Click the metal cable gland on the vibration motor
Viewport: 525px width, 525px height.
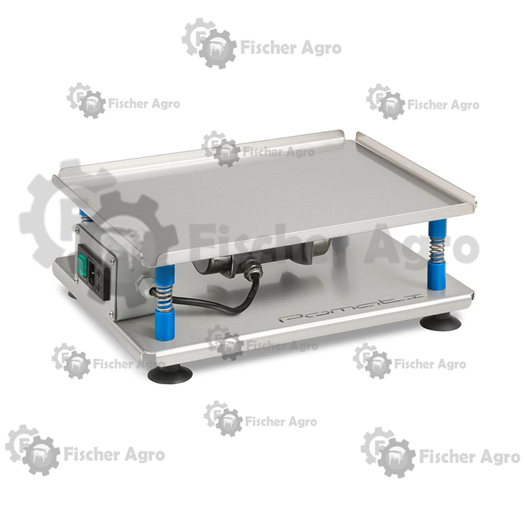[251, 267]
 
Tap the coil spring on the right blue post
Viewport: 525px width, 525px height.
[438, 249]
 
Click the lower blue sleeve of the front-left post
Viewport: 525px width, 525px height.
[164, 324]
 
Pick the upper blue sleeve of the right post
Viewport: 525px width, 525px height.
[437, 228]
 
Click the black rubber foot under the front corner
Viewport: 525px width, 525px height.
[170, 374]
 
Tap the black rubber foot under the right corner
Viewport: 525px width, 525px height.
[440, 322]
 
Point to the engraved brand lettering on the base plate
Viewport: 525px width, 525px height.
[351, 308]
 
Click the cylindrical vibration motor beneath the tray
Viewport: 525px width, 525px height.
[261, 256]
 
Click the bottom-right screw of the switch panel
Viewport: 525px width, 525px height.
[111, 314]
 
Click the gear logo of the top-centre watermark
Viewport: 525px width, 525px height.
[209, 44]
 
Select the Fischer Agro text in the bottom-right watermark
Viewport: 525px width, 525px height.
[470, 456]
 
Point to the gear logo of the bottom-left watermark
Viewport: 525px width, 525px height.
[32, 450]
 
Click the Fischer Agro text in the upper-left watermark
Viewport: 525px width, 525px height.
[144, 104]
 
